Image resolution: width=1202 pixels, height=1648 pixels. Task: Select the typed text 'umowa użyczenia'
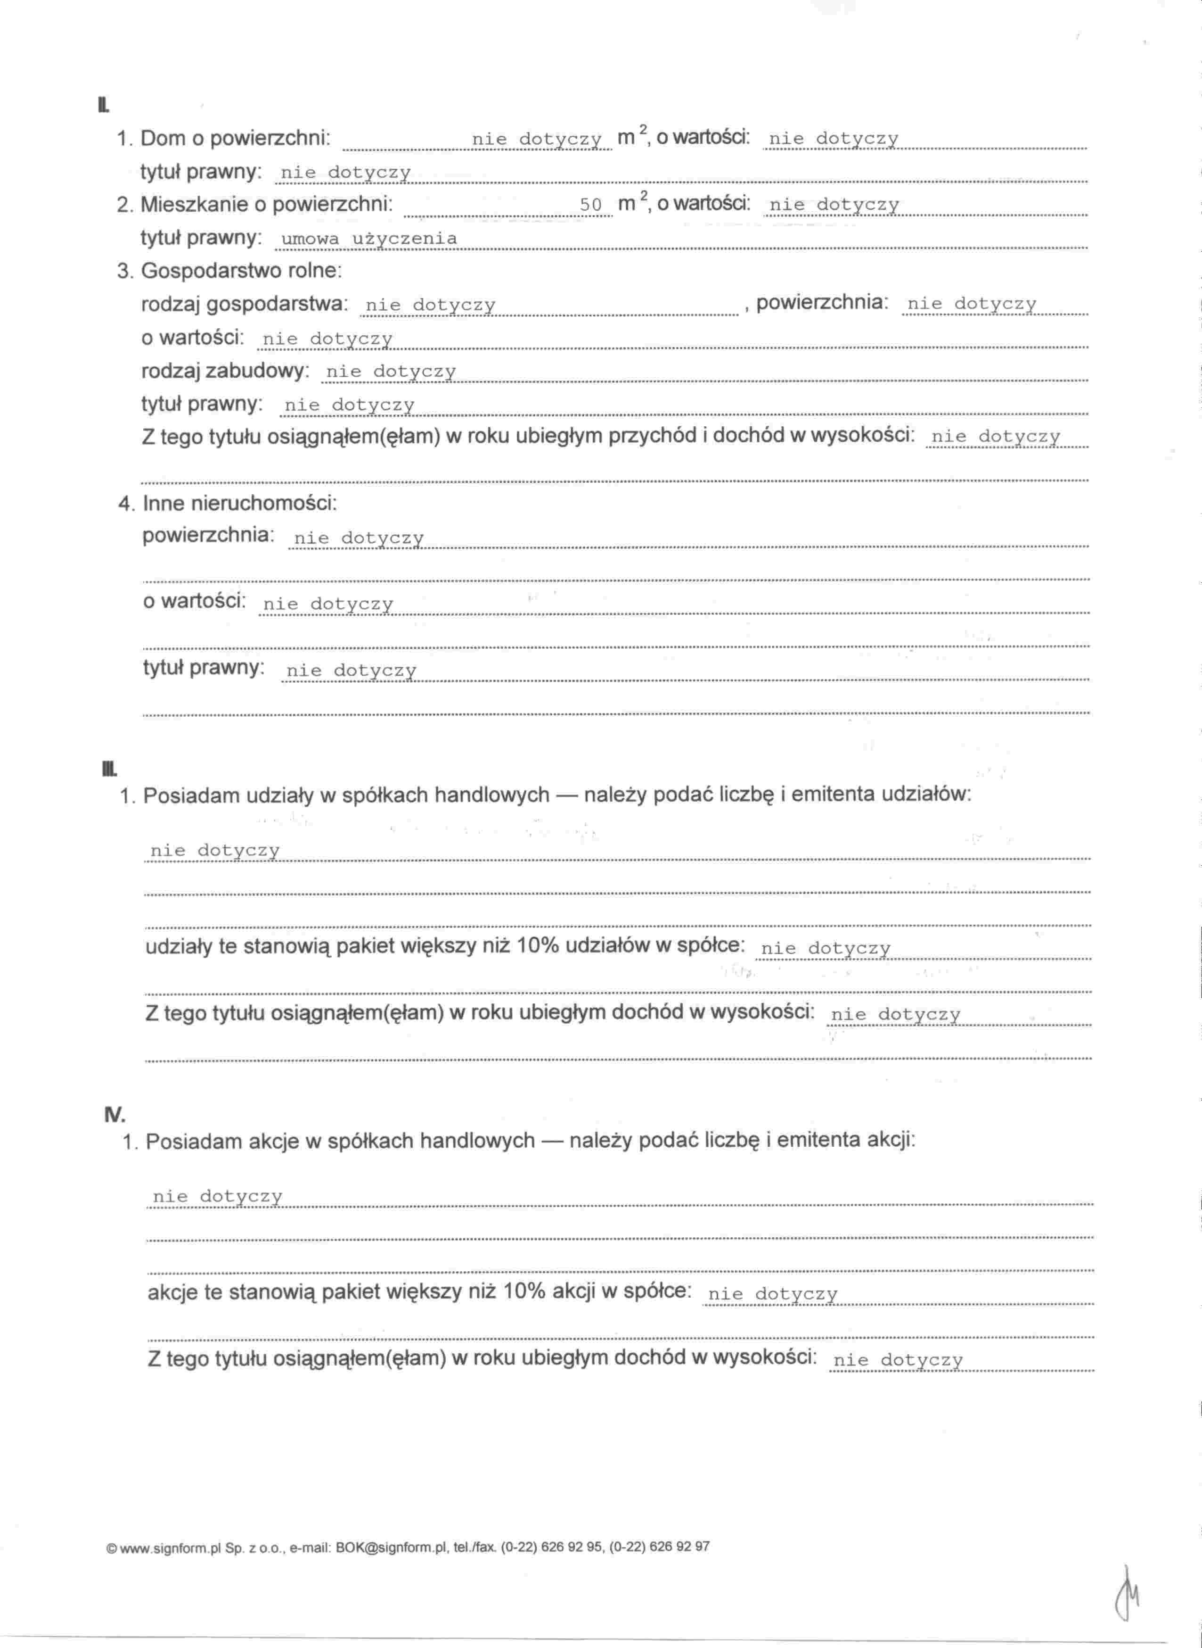tap(369, 239)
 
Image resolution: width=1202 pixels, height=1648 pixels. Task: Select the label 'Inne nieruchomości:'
tap(240, 503)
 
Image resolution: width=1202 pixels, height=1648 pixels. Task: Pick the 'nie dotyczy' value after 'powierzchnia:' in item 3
tap(971, 304)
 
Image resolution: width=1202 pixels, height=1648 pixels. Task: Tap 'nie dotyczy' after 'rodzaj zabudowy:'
tap(391, 372)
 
